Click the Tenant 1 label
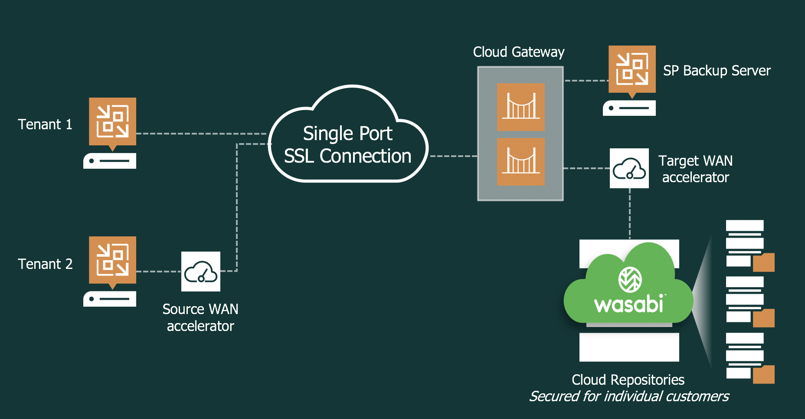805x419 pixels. pos(45,124)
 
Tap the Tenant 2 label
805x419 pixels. pos(45,264)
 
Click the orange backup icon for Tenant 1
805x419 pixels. pos(112,122)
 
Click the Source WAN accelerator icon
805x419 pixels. pos(201,272)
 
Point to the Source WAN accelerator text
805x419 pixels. pos(200,318)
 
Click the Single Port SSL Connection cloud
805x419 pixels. pos(347,144)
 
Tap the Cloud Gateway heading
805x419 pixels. pos(519,52)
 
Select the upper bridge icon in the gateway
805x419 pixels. pos(520,107)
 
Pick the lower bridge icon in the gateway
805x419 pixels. pos(520,161)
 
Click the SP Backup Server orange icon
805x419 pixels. pos(632,69)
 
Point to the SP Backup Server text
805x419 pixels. pos(717,71)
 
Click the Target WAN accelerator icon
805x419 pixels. pos(629,168)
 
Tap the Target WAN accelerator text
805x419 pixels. pos(695,169)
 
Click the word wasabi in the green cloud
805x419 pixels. pos(628,304)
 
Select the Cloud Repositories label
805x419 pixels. pos(628,380)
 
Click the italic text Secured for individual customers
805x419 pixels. pos(629,396)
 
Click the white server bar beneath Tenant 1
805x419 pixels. pos(110,161)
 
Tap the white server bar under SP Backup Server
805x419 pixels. pos(629,108)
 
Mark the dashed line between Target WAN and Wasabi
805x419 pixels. pos(630,213)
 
